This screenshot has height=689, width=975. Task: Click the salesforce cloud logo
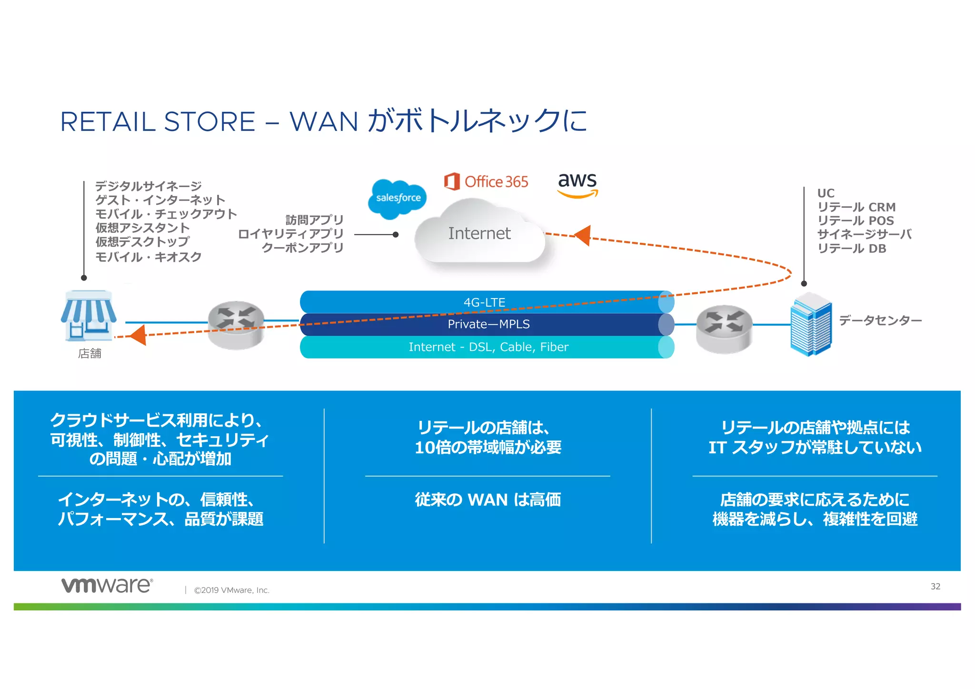click(x=398, y=199)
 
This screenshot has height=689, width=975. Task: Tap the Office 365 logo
click(x=486, y=181)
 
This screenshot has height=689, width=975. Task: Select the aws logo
click(x=577, y=184)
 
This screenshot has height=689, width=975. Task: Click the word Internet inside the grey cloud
click(x=479, y=233)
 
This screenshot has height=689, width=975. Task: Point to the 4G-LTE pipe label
click(x=484, y=302)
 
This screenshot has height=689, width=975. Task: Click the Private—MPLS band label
click(x=488, y=324)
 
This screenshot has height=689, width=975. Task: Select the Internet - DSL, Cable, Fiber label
click(x=488, y=347)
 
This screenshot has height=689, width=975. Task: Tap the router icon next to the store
click(x=236, y=324)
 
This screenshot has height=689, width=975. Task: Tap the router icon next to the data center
click(x=724, y=329)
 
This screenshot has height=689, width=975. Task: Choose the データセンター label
click(x=880, y=320)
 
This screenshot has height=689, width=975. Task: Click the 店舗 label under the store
click(x=90, y=353)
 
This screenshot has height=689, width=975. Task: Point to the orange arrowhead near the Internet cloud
click(x=583, y=235)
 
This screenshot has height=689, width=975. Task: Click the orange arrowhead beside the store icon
click(x=138, y=335)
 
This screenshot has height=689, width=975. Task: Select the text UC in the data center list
click(x=826, y=193)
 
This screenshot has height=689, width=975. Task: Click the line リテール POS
click(x=856, y=221)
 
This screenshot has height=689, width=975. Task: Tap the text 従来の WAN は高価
click(x=487, y=500)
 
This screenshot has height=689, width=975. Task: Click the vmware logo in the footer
click(x=107, y=585)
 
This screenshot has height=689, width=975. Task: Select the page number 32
click(x=935, y=586)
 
